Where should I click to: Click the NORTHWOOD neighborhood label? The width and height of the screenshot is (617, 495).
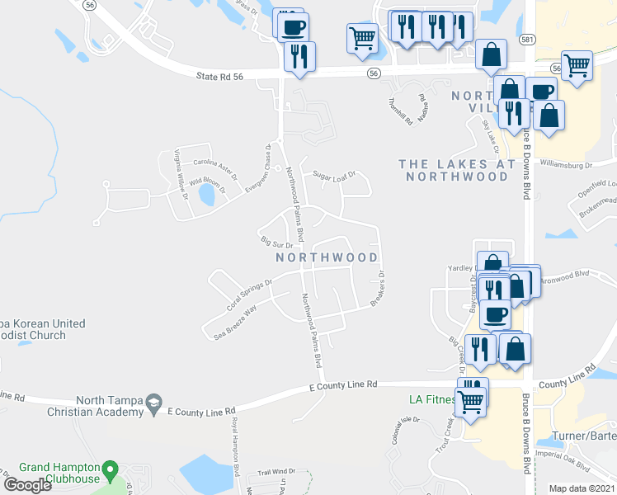(x=326, y=257)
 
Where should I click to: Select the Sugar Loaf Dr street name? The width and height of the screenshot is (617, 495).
(x=333, y=175)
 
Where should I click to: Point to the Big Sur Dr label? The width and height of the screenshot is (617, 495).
(x=277, y=243)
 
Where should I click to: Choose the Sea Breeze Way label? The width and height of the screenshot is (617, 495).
(x=235, y=322)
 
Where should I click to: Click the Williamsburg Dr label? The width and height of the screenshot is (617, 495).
(x=567, y=165)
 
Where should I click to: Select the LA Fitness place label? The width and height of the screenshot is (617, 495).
(x=432, y=400)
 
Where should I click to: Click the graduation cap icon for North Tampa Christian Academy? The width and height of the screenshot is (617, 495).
(x=153, y=403)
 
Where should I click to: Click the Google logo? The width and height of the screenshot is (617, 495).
(x=27, y=484)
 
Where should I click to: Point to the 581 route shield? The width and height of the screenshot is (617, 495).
(x=526, y=39)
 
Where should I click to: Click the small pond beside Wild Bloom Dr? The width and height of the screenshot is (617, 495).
(x=206, y=194)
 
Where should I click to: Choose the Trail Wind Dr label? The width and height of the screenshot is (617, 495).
(x=276, y=472)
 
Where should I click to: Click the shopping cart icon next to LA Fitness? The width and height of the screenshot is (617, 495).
(x=471, y=403)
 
